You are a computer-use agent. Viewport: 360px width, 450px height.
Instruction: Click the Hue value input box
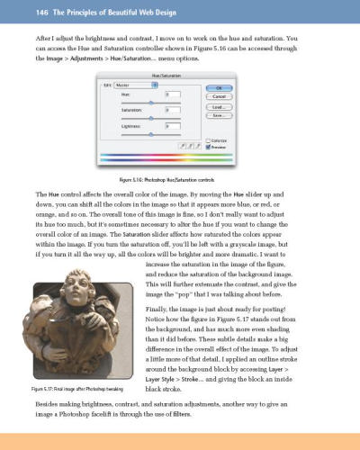[172, 94]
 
